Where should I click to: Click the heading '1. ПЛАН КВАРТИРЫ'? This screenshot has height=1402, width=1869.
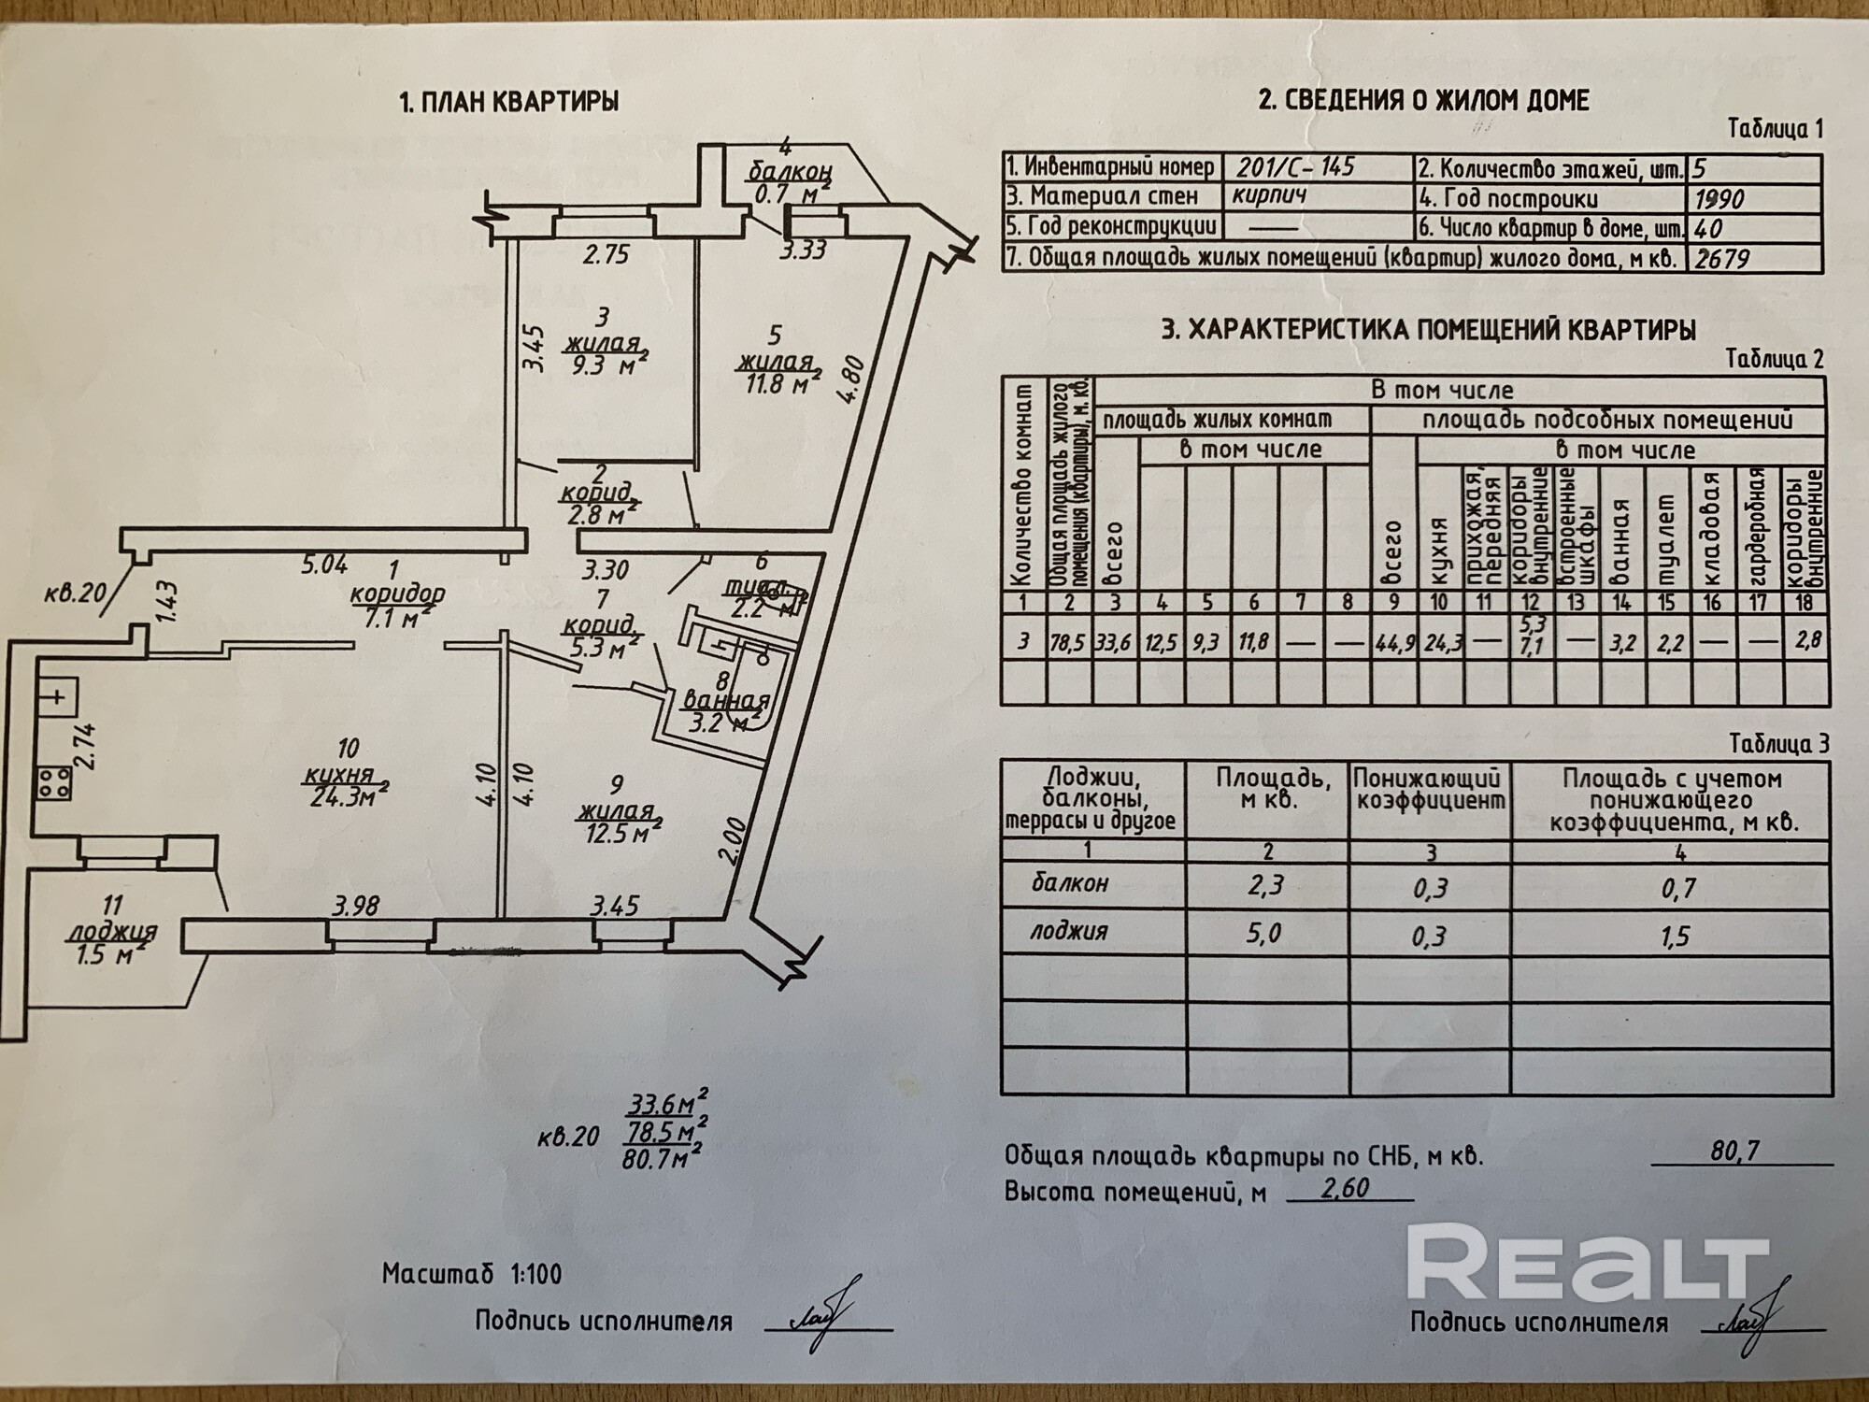(x=508, y=102)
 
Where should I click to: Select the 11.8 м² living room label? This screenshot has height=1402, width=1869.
(x=773, y=383)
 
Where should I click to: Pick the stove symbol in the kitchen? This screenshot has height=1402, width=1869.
(x=55, y=781)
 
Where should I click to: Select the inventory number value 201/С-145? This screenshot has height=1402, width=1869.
(x=1295, y=167)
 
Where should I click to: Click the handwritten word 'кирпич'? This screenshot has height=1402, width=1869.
(x=1268, y=196)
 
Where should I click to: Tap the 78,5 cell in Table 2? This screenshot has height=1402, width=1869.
(x=1069, y=642)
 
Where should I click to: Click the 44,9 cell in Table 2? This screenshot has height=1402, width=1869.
(x=1393, y=642)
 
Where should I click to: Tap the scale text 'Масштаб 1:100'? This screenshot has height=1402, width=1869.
(x=472, y=1273)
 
